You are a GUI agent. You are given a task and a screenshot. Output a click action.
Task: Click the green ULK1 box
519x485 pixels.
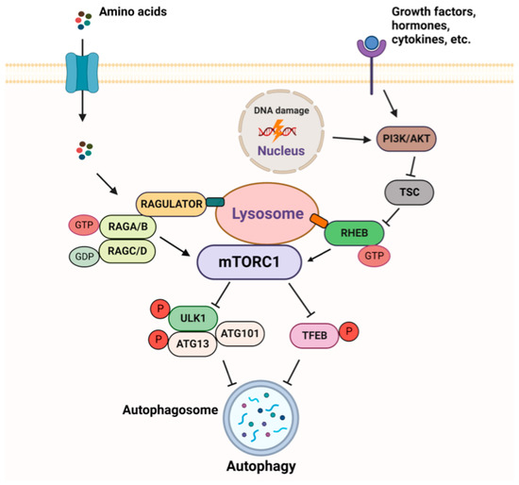coord(193,321)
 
